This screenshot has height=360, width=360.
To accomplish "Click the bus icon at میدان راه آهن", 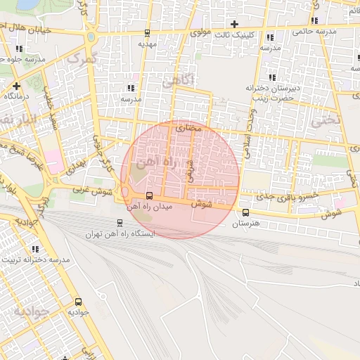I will (148, 195).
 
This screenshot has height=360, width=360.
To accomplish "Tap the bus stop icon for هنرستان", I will (245, 212).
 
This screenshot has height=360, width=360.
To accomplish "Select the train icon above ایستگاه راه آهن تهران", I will (119, 222).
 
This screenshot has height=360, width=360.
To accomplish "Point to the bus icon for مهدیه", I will (147, 33).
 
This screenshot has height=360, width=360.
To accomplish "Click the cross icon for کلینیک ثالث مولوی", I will (235, 24).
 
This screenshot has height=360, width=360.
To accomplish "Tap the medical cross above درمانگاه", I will (16, 85).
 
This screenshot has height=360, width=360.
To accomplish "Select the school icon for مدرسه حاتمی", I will (314, 20).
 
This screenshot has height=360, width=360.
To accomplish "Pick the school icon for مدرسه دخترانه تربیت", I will (35, 249).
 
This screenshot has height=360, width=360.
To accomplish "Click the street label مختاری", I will (188, 128).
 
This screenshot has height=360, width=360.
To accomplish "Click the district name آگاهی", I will (177, 80).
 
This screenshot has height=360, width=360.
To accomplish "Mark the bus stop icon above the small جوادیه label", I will (77, 301).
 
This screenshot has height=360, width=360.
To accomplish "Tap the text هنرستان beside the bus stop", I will (245, 223).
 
